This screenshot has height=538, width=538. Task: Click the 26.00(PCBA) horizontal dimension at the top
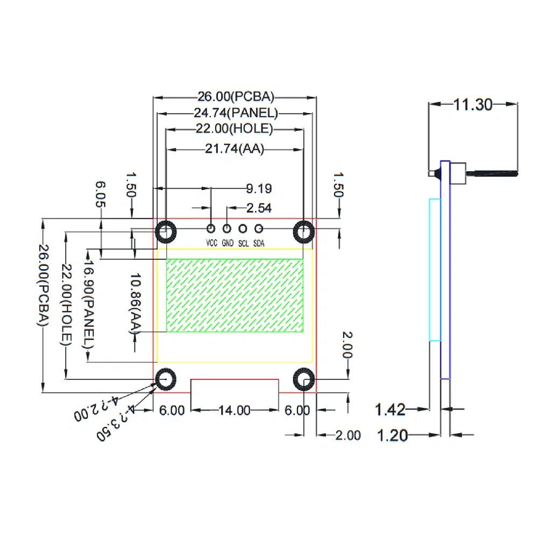pyautogui.click(x=236, y=97)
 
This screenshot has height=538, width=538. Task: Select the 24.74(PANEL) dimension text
pyautogui.click(x=236, y=113)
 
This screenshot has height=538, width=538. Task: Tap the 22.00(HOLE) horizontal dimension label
pyautogui.click(x=234, y=129)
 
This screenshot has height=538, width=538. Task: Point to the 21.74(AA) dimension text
pyautogui.click(x=235, y=149)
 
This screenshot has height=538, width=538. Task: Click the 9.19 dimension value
pyautogui.click(x=259, y=189)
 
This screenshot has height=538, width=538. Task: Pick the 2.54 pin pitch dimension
pyautogui.click(x=259, y=208)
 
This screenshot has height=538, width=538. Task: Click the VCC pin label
pyautogui.click(x=211, y=243)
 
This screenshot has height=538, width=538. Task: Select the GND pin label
pyautogui.click(x=228, y=243)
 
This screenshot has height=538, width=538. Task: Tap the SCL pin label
pyautogui.click(x=243, y=243)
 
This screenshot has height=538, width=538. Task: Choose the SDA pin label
pyautogui.click(x=259, y=243)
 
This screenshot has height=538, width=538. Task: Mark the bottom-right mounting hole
pyautogui.click(x=303, y=379)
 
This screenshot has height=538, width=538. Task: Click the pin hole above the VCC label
pyautogui.click(x=211, y=229)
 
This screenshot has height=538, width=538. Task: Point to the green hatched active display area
pyautogui.click(x=235, y=295)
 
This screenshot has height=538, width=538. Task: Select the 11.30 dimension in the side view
pyautogui.click(x=472, y=104)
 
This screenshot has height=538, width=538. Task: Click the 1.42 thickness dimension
pyautogui.click(x=390, y=410)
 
